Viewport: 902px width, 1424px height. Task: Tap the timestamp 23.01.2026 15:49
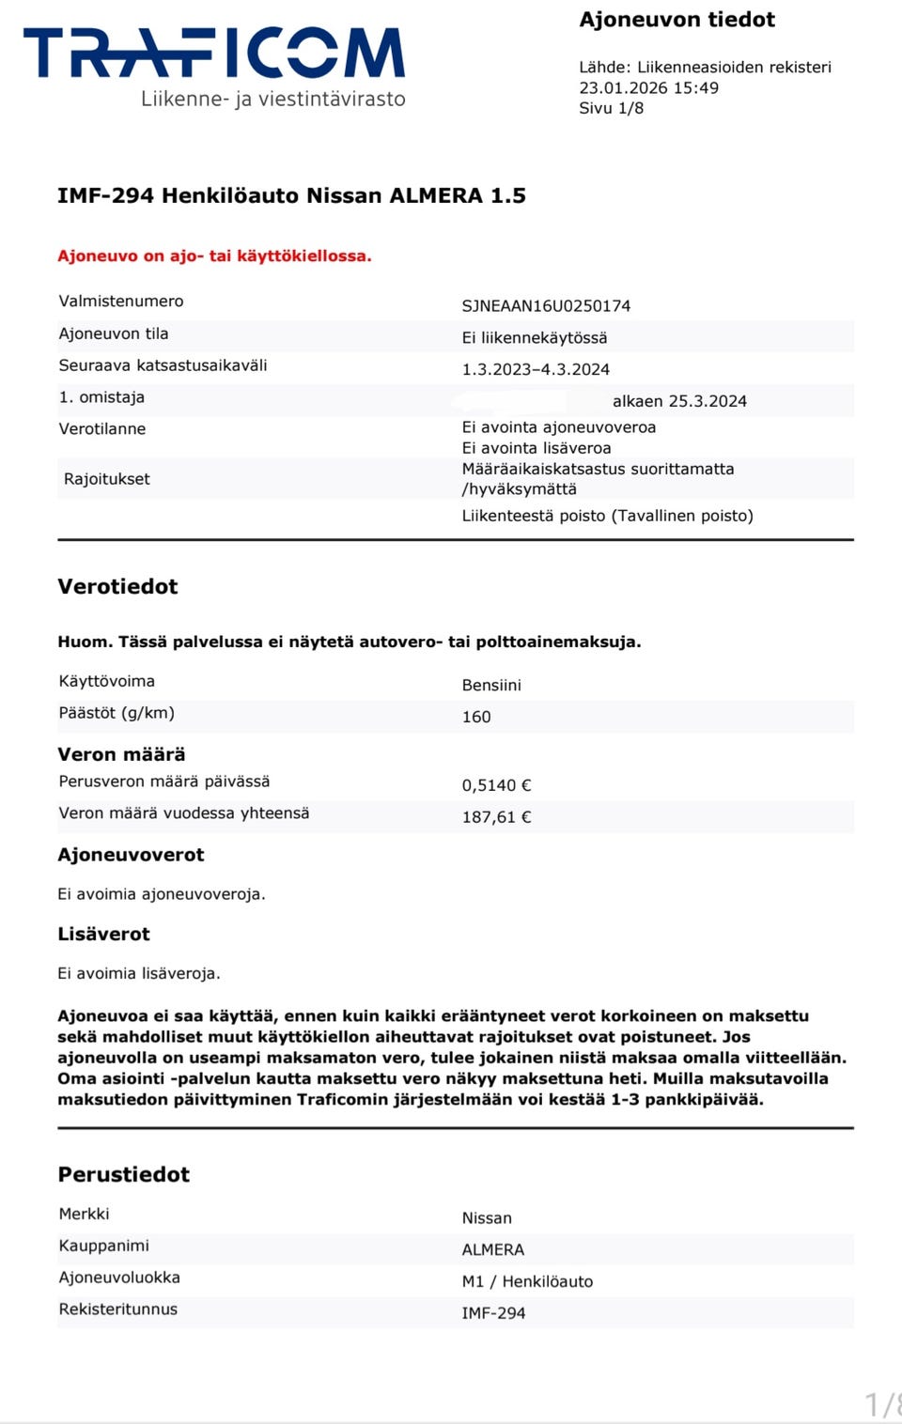coord(648,87)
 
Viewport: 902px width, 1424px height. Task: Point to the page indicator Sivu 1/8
coord(611,108)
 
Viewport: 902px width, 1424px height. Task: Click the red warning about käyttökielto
coord(214,255)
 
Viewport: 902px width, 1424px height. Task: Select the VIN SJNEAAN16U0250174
coord(546,305)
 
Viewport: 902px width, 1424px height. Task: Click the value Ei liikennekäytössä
coord(534,337)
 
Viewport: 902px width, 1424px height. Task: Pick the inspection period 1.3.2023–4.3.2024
coord(536,369)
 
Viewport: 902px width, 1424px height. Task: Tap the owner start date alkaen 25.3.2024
coord(679,401)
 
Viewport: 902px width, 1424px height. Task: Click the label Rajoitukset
coord(106,479)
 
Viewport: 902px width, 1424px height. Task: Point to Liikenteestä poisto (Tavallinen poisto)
coord(607,516)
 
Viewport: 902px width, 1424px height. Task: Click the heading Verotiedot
coord(117,586)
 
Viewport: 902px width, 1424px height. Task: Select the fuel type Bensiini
coord(491,685)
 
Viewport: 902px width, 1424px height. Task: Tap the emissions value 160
coord(476,717)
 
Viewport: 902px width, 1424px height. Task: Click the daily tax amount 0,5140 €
coord(496,785)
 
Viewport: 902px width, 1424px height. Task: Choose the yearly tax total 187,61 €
coord(496,817)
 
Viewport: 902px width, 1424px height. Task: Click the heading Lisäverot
coord(103,934)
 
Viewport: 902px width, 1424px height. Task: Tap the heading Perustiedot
coord(123,1174)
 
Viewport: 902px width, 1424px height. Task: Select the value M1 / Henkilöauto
coord(527,1281)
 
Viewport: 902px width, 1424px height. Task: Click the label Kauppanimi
coord(103,1246)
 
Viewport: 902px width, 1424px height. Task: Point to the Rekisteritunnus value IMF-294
coord(493,1313)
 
